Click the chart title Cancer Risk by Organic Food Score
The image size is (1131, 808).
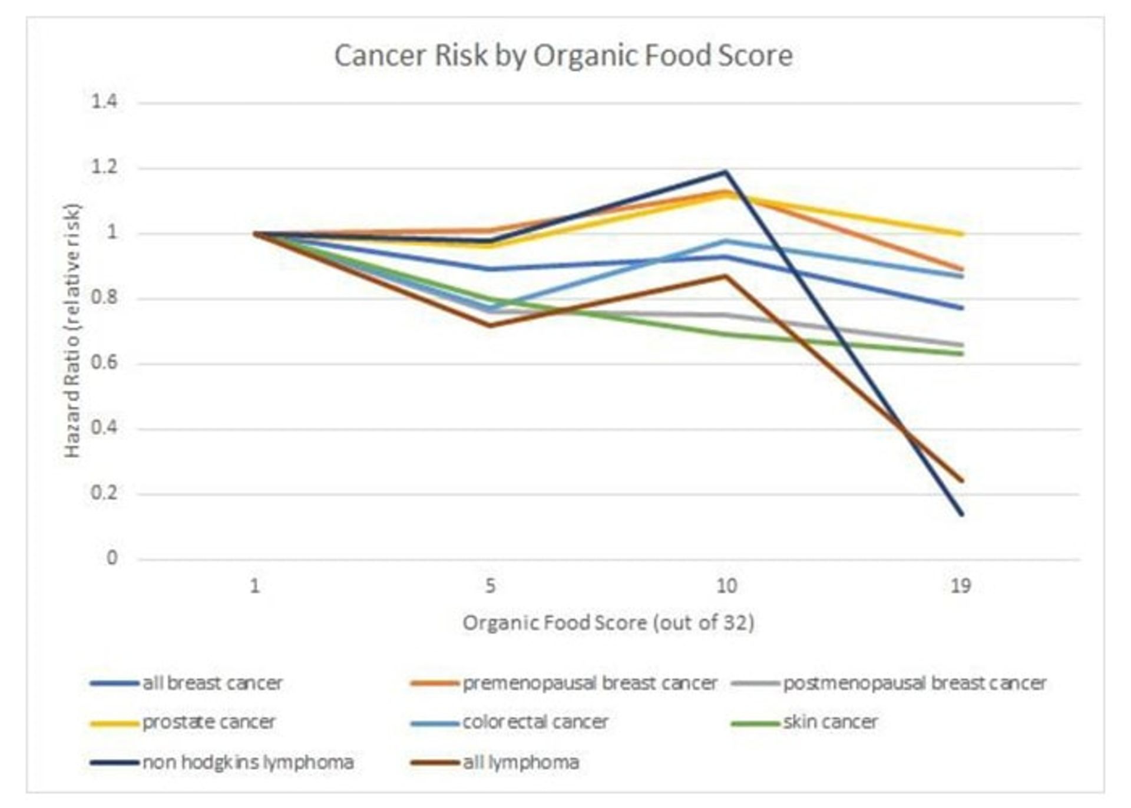point(563,55)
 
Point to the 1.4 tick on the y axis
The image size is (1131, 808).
point(104,102)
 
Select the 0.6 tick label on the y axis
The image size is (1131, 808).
point(104,362)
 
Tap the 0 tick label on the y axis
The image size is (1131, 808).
point(111,558)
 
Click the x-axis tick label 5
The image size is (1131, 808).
point(490,586)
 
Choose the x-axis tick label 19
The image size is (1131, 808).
point(961,586)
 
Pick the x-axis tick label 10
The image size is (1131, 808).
point(726,586)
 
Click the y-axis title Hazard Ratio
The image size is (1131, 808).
point(72,330)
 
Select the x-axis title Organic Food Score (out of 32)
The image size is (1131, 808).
point(608,623)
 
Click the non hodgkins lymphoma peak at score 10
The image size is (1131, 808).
point(726,172)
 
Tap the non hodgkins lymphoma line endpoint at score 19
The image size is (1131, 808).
point(961,514)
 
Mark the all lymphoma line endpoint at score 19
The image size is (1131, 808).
point(961,481)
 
